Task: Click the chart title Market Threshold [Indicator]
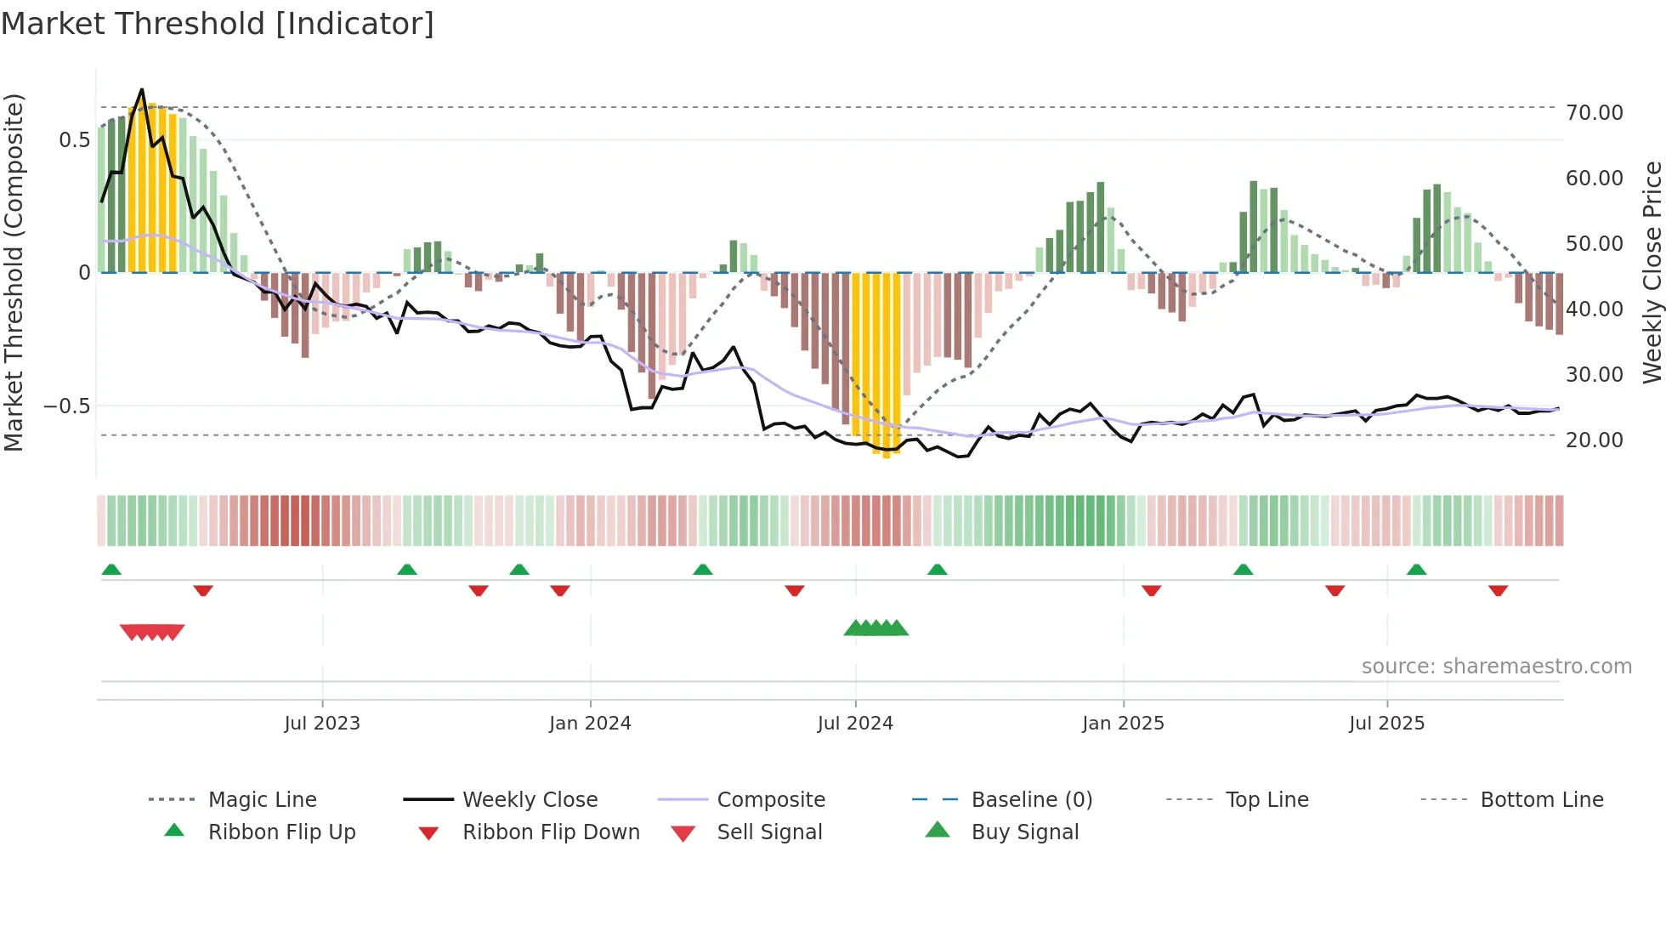218,24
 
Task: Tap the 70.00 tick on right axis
1594,112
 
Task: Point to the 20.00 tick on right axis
1594,440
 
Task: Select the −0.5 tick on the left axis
66,406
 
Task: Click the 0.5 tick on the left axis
74,139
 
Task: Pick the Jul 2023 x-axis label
322,723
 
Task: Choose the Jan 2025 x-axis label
1123,723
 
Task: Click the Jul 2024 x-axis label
855,723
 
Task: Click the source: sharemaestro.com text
1496,666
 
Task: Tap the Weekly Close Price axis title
1652,272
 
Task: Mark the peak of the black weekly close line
142,89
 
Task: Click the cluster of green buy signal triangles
875,628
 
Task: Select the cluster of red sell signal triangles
152,632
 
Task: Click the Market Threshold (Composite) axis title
14,272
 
